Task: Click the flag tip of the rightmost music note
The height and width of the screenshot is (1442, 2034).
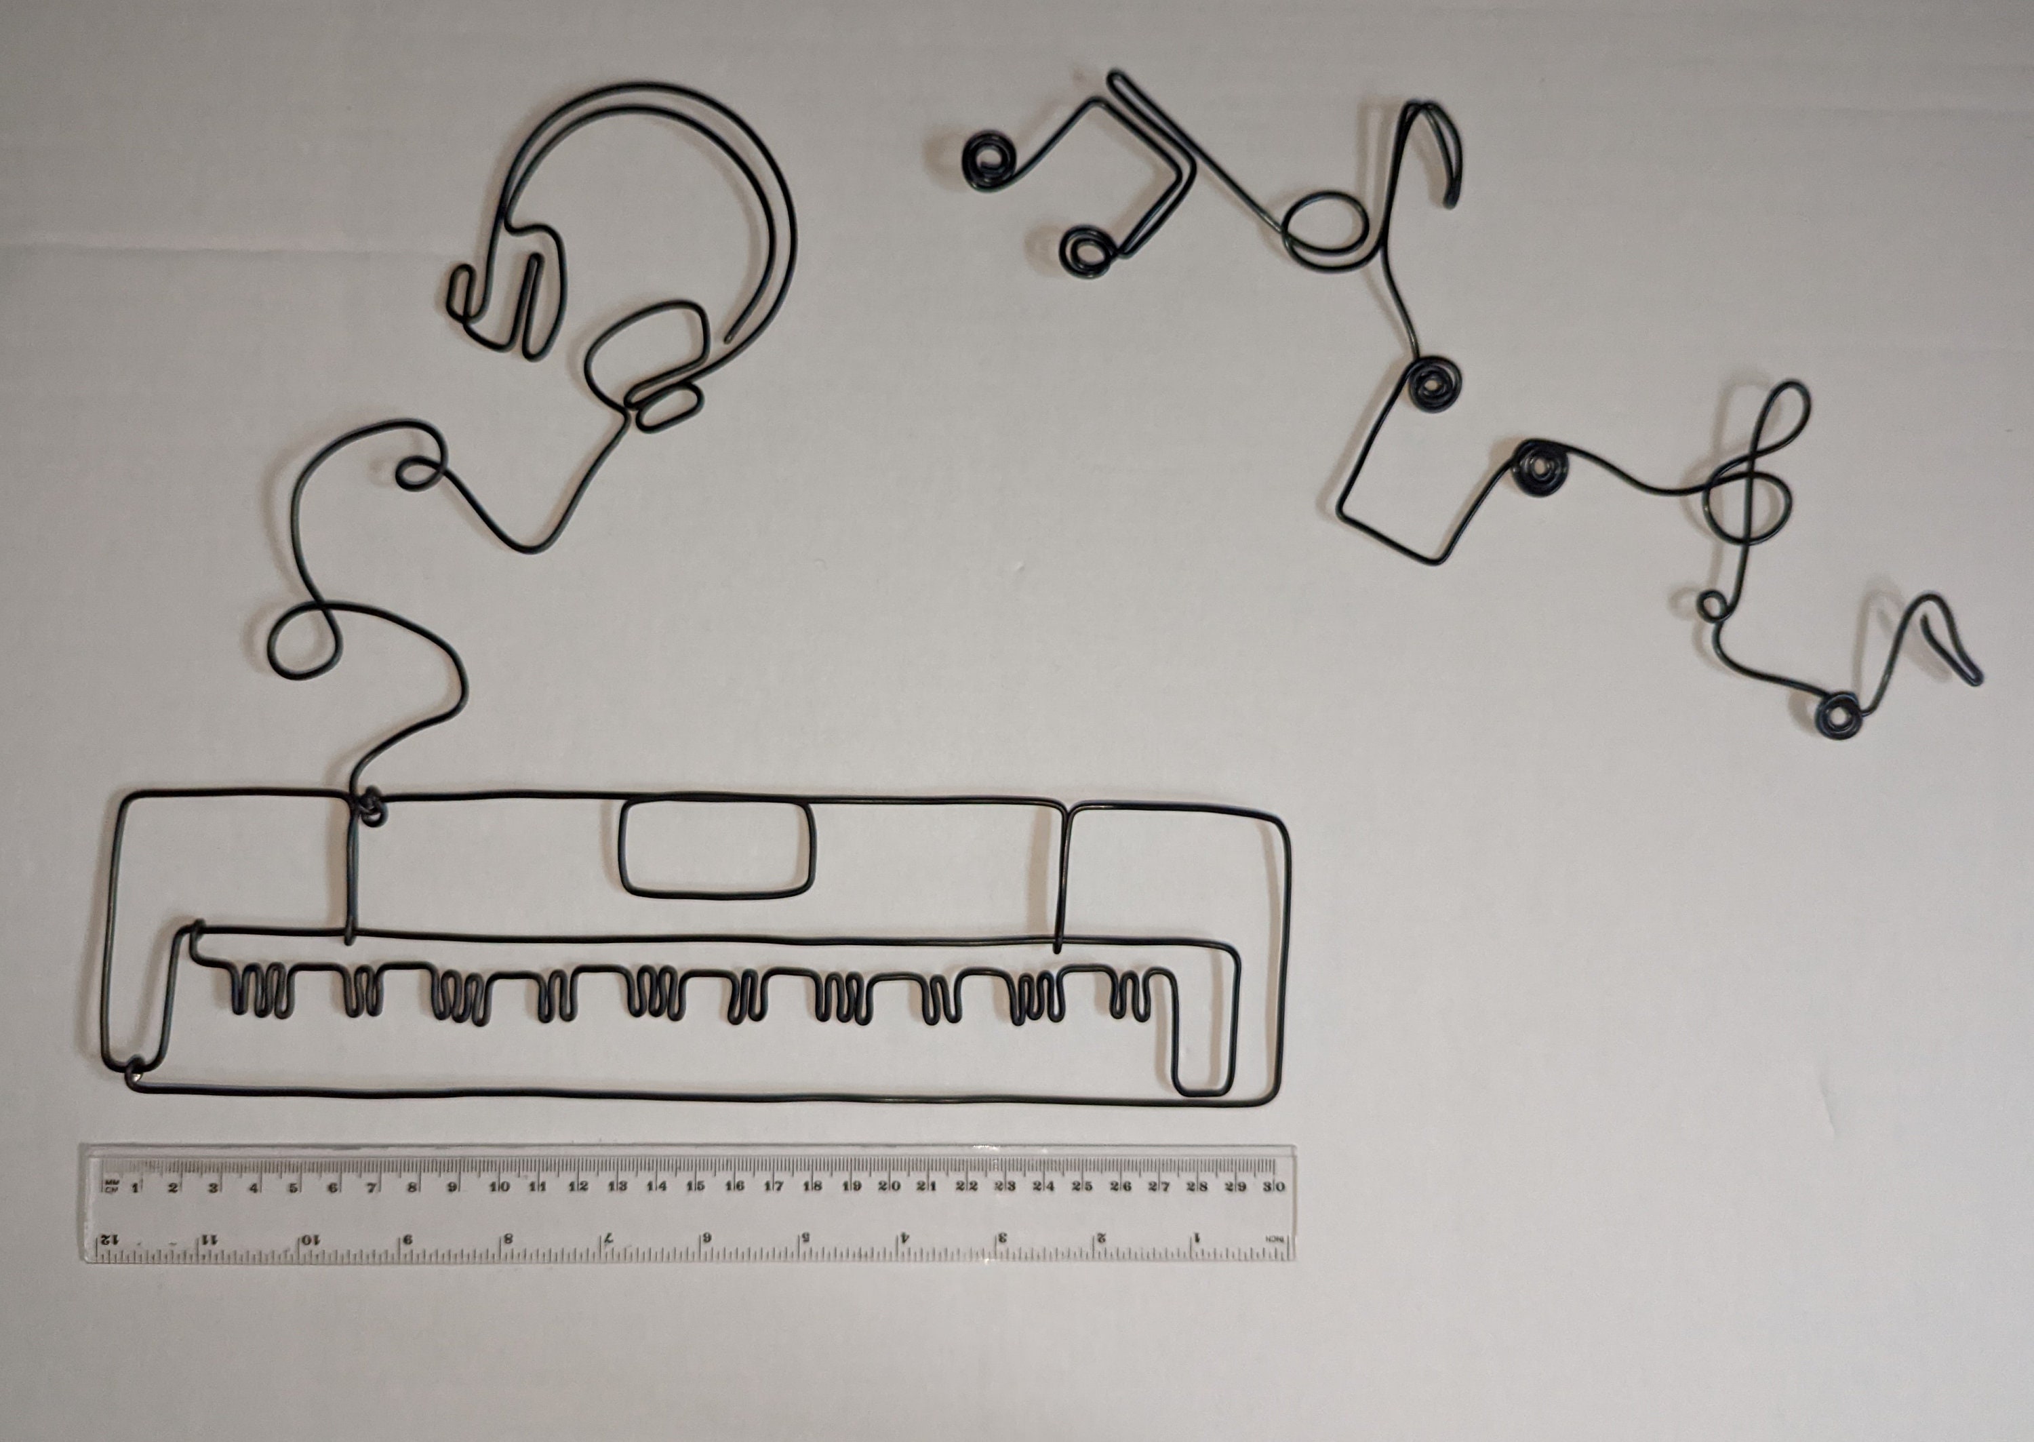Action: point(1976,679)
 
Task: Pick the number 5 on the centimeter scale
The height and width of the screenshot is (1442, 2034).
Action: point(292,1187)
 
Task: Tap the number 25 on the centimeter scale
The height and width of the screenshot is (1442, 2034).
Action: point(1081,1186)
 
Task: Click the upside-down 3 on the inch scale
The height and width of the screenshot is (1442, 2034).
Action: point(1002,1237)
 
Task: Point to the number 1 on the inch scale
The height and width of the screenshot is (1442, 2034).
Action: point(1196,1237)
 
